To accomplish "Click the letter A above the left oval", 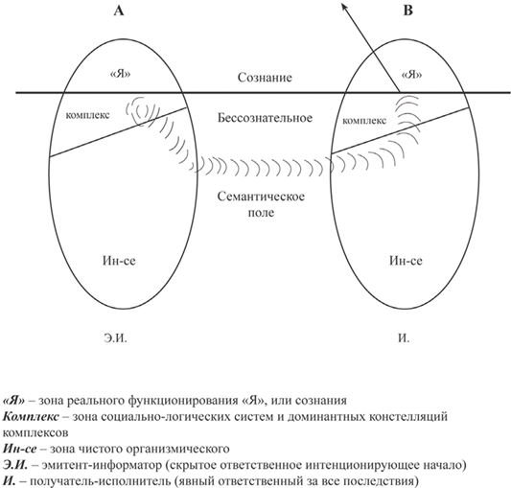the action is (119, 11).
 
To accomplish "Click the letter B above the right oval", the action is (408, 11).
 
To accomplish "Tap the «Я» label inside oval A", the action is (121, 74).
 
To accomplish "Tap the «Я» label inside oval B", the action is (411, 75).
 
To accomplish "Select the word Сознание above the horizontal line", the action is (265, 78).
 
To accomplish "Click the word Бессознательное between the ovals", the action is (265, 118).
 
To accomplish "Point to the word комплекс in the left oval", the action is (87, 115).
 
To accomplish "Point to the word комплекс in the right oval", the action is (364, 121).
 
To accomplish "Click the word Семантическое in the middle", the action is (261, 197).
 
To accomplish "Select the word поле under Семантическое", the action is (261, 213).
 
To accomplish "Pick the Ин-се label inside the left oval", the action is (119, 261).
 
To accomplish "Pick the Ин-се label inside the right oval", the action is (406, 261).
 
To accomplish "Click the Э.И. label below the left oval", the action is (115, 338).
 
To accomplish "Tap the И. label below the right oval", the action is (404, 338).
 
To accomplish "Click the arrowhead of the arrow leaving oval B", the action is (344, 5).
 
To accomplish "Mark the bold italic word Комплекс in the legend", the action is (32, 417).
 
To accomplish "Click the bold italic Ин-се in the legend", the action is (19, 449).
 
